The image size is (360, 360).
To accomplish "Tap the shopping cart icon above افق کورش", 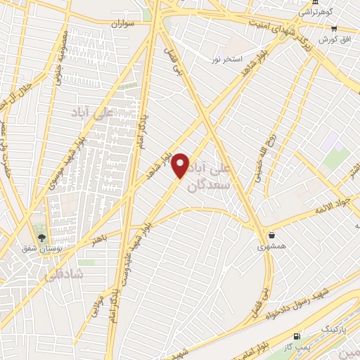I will (335, 29).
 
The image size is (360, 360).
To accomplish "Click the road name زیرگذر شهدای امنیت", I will (277, 29).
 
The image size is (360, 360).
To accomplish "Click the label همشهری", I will (271, 247).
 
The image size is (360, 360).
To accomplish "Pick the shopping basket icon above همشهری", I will (271, 235).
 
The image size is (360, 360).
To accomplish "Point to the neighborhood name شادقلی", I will (63, 276).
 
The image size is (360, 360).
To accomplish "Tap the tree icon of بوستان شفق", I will (41, 237).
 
